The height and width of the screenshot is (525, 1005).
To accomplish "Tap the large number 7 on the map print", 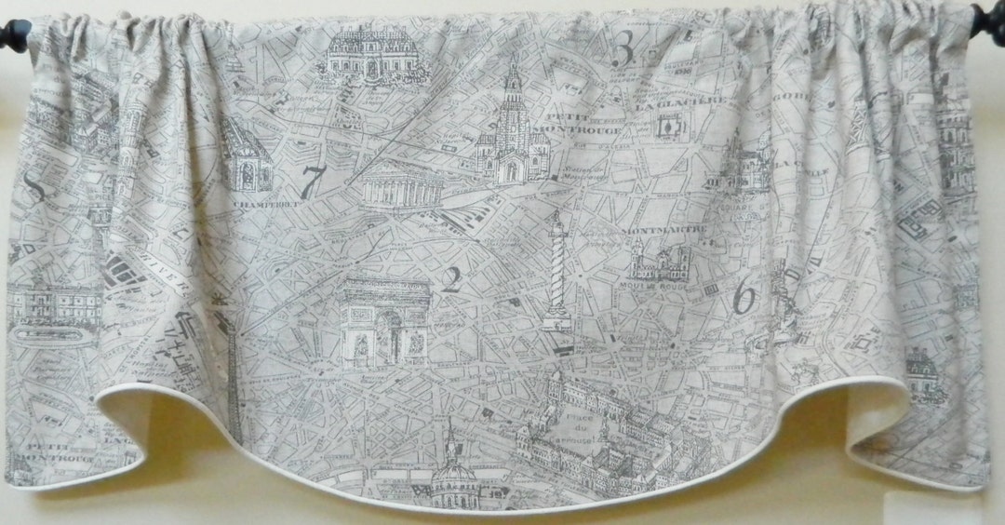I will click(312, 182).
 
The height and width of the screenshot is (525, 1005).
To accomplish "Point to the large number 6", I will click(744, 298).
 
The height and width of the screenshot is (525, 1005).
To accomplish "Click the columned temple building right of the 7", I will click(401, 184).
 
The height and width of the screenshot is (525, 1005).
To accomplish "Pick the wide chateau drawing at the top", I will click(371, 54).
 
